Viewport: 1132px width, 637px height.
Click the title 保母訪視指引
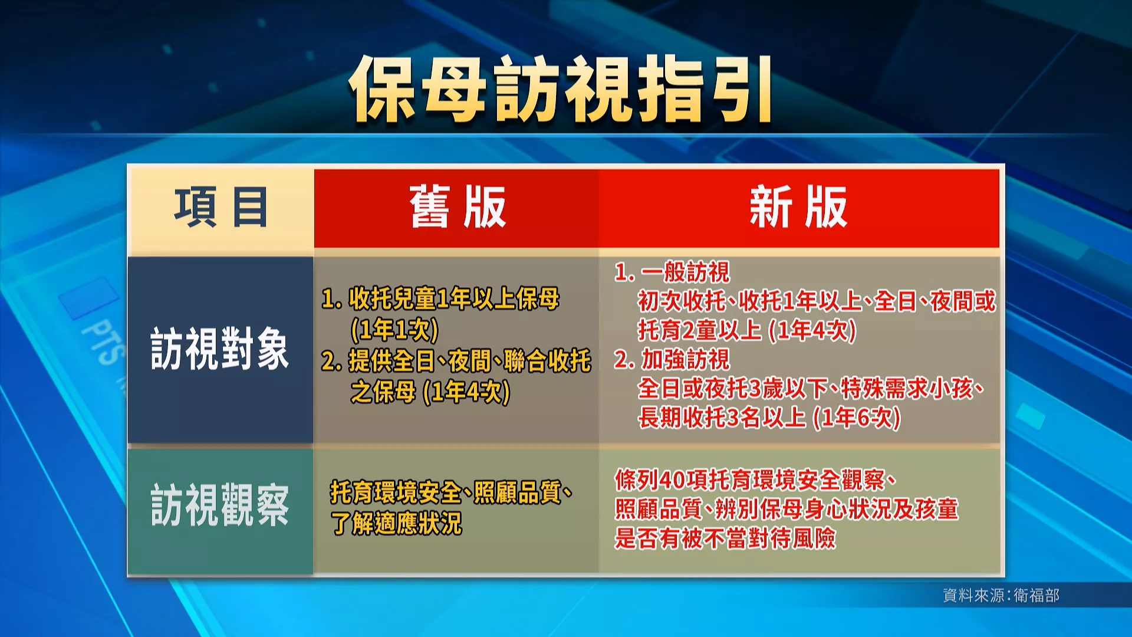pyautogui.click(x=560, y=88)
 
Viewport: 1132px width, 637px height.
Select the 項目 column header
pyautogui.click(x=221, y=207)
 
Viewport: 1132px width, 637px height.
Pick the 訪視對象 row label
pyautogui.click(x=220, y=349)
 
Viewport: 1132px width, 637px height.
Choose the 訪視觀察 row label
pyautogui.click(x=220, y=505)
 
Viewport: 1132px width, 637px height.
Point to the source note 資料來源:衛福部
pyautogui.click(x=1001, y=595)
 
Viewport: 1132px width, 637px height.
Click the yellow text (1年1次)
pyautogui.click(x=394, y=330)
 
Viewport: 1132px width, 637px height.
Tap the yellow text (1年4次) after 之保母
pyautogui.click(x=466, y=392)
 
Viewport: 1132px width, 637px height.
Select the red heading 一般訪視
pyautogui.click(x=686, y=272)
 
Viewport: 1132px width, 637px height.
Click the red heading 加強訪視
pyautogui.click(x=686, y=359)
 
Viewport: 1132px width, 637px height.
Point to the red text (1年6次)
pyautogui.click(x=857, y=418)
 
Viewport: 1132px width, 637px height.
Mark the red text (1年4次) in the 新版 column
pyautogui.click(x=812, y=330)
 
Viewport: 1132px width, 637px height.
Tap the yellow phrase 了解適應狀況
pyautogui.click(x=396, y=523)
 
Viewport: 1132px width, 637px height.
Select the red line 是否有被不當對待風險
pyautogui.click(x=725, y=538)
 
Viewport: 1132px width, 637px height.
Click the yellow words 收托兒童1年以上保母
pyautogui.click(x=454, y=299)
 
